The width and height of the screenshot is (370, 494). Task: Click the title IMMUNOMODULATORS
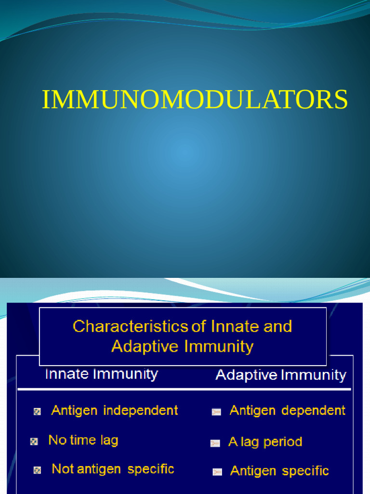click(194, 100)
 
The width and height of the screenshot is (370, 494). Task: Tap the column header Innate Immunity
click(101, 374)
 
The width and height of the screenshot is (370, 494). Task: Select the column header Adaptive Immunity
click(280, 375)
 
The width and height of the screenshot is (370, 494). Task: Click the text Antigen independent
click(115, 411)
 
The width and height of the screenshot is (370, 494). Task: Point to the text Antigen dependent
click(287, 411)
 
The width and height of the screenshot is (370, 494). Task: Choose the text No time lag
click(83, 440)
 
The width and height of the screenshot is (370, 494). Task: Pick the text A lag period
click(265, 442)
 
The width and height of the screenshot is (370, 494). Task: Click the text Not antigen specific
click(113, 469)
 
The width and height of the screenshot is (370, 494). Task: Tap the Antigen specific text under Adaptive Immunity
click(279, 471)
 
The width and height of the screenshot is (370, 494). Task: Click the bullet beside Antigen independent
click(37, 412)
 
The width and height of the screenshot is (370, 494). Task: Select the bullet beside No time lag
click(34, 441)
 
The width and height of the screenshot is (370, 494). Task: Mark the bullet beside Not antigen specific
click(37, 470)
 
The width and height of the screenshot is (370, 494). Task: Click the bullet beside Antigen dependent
click(216, 412)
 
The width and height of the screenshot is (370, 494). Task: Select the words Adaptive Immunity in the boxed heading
click(182, 346)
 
